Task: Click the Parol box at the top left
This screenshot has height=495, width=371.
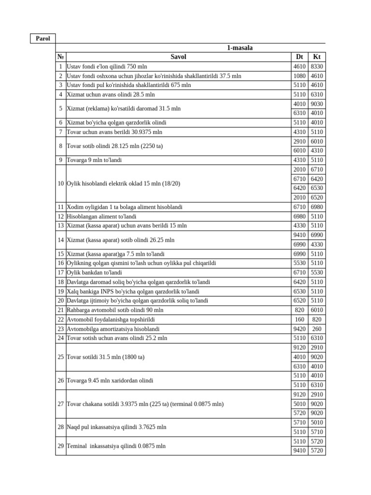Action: pyautogui.click(x=43, y=39)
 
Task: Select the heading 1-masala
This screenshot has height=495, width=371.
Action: pyautogui.click(x=240, y=48)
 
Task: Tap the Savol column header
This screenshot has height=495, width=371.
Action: pyautogui.click(x=178, y=57)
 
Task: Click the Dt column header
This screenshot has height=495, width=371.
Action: pyautogui.click(x=299, y=57)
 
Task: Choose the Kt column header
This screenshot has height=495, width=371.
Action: pyautogui.click(x=317, y=57)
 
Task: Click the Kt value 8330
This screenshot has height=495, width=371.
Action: pyautogui.click(x=317, y=67)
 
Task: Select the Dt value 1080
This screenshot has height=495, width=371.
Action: pyautogui.click(x=299, y=76)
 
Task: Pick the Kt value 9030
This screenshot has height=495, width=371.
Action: pyautogui.click(x=317, y=104)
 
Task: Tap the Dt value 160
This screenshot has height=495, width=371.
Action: pyautogui.click(x=299, y=320)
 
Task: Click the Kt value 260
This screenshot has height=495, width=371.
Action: pyautogui.click(x=317, y=329)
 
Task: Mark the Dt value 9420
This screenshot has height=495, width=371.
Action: pyautogui.click(x=299, y=329)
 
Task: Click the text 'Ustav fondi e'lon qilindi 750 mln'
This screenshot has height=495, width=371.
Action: pyautogui.click(x=107, y=67)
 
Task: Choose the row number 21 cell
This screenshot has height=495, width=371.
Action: pyautogui.click(x=60, y=310)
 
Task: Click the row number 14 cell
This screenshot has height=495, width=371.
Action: pyautogui.click(x=60, y=240)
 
